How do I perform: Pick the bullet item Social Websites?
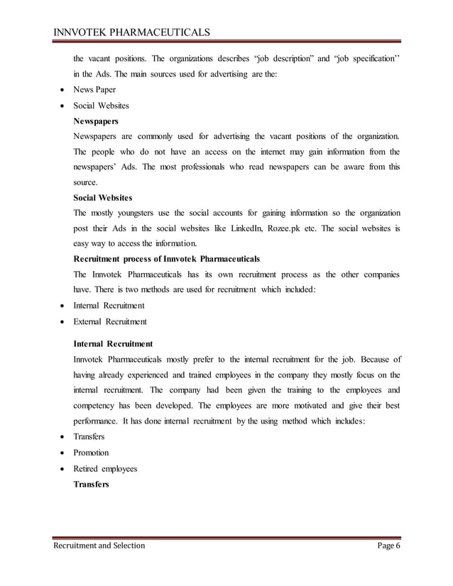(101, 105)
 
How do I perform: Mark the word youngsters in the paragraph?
(133, 212)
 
